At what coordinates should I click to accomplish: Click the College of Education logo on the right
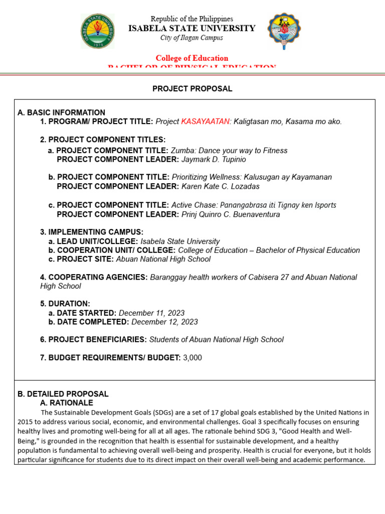284,31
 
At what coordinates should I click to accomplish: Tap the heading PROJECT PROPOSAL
192,89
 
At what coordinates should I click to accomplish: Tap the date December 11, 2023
151,313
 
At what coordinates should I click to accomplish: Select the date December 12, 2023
164,322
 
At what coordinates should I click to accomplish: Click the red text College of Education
192,58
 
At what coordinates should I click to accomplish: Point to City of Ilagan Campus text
192,38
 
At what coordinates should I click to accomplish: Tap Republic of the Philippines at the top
192,19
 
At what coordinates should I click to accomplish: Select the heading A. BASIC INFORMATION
61,112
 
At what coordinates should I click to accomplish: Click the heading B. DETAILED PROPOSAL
63,394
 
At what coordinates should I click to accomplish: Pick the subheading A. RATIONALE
66,403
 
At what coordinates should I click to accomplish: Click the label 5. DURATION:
65,304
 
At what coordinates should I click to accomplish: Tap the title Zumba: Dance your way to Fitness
229,150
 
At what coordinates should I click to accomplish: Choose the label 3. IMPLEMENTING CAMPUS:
92,232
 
